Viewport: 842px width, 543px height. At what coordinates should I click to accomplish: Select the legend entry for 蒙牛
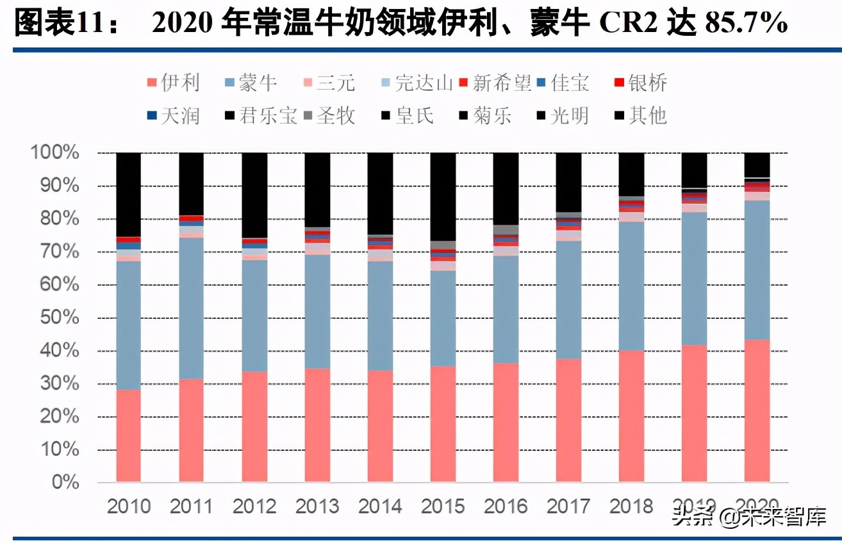click(x=250, y=83)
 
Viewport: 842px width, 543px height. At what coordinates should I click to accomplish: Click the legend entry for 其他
click(x=640, y=115)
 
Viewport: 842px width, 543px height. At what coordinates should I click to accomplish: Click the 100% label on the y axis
click(x=54, y=153)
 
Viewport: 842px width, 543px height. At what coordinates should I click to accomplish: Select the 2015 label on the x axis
click(x=442, y=506)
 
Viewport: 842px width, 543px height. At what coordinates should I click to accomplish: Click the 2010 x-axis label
click(x=128, y=506)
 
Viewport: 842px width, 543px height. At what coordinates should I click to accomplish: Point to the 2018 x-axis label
click(x=631, y=506)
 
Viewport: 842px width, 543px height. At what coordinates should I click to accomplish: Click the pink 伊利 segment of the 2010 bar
click(x=128, y=435)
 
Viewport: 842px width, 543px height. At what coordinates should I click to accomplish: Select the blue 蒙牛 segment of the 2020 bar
click(x=757, y=270)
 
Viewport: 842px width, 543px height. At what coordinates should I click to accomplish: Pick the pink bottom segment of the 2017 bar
click(x=568, y=420)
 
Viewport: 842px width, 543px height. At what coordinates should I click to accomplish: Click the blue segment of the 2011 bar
click(x=191, y=308)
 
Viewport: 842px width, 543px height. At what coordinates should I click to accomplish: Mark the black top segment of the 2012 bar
click(x=254, y=195)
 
